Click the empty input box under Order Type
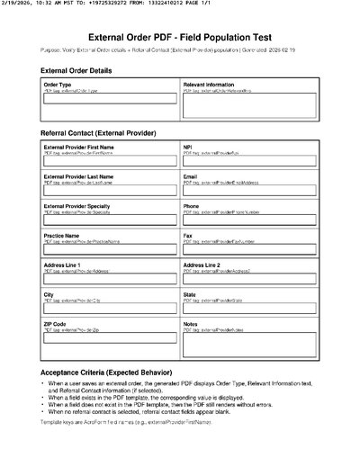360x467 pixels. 110,100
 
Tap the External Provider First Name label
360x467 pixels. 79,147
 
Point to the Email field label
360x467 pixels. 191,176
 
